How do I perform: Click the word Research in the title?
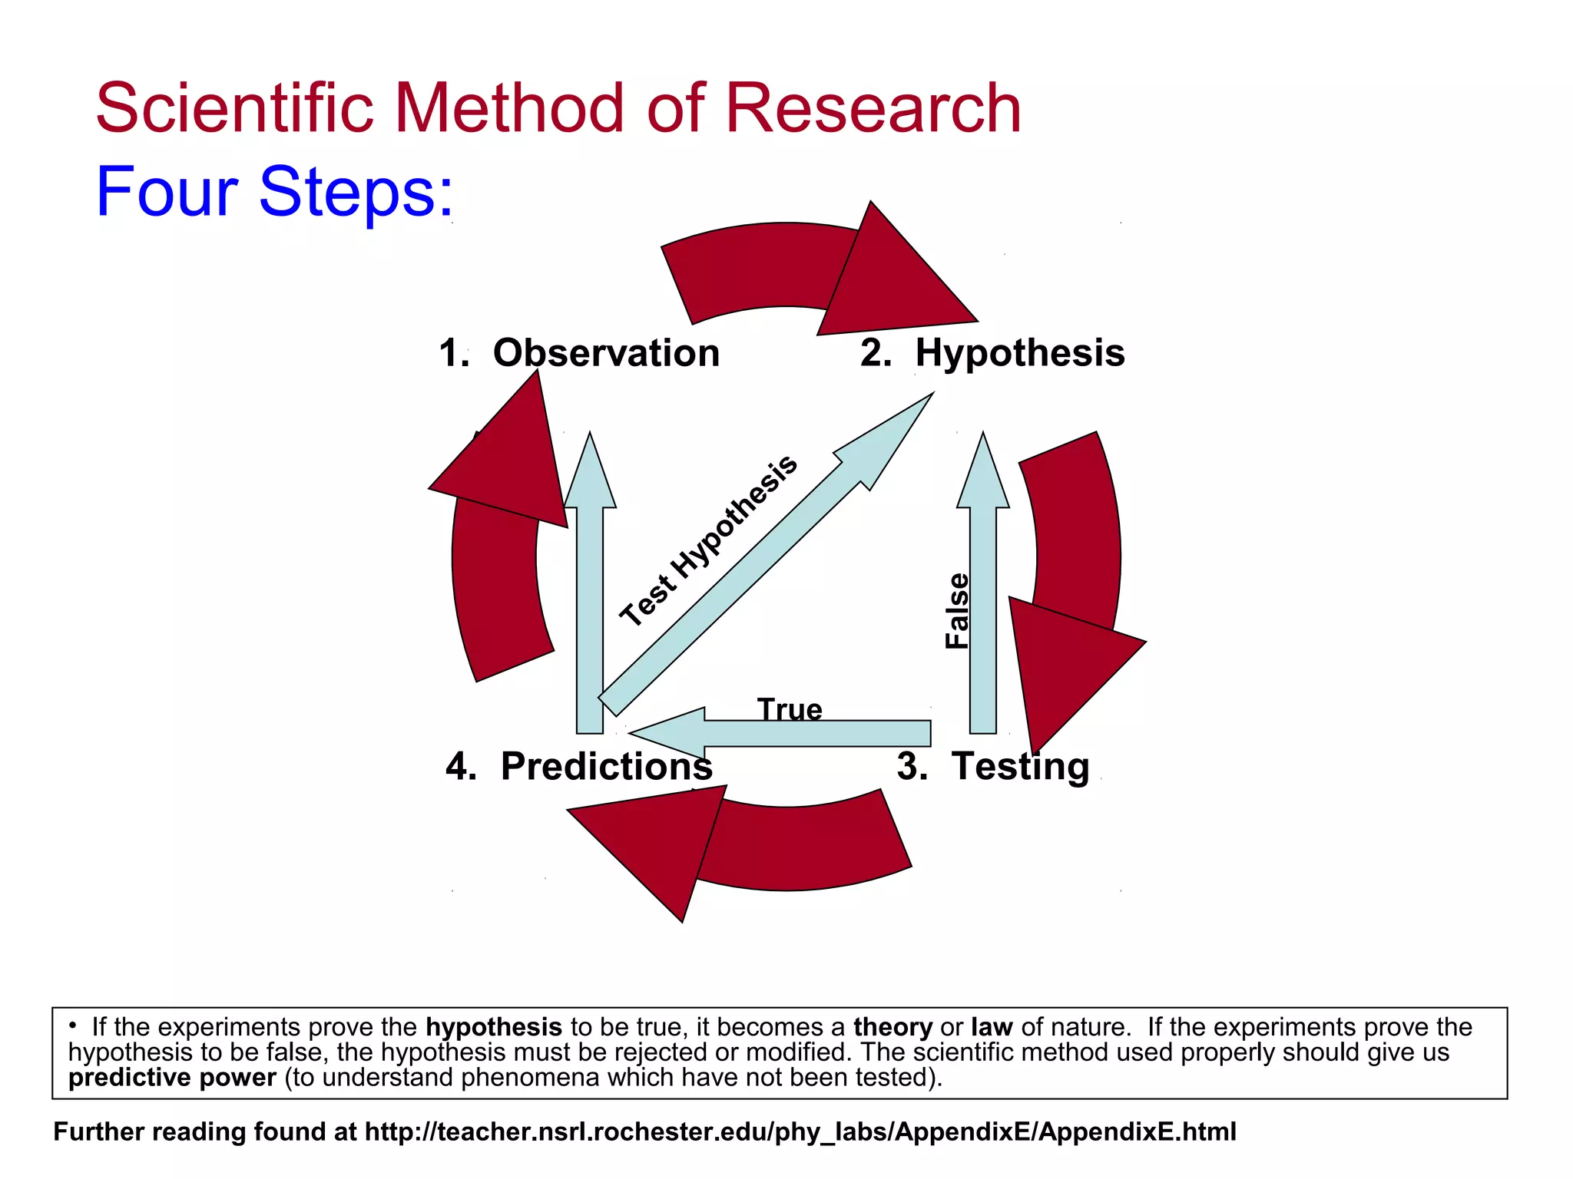click(x=873, y=109)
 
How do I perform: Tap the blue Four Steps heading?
click(x=274, y=192)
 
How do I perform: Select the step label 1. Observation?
click(x=579, y=353)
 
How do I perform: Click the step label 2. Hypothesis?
click(x=992, y=353)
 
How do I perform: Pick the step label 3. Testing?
click(x=993, y=766)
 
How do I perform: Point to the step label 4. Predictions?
click(x=579, y=766)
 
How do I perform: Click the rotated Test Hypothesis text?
click(x=708, y=540)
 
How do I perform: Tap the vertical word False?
click(x=958, y=611)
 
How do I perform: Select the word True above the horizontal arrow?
click(x=790, y=708)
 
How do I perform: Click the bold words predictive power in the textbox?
click(x=172, y=1078)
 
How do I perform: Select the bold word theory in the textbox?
click(x=892, y=1027)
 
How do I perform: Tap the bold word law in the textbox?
click(x=992, y=1027)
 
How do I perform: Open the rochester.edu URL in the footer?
click(x=800, y=1132)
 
